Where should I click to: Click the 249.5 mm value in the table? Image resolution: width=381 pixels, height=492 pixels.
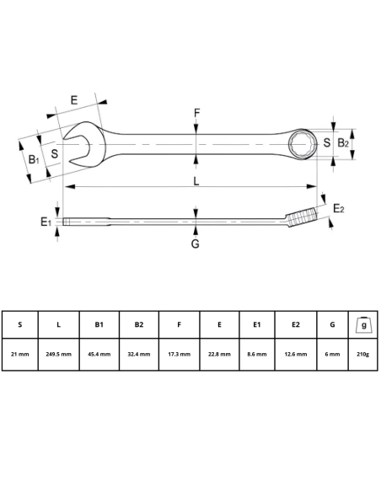(x=58, y=354)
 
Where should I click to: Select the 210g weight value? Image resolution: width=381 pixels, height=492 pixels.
(x=363, y=354)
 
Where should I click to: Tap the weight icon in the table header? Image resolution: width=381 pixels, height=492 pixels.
(x=363, y=324)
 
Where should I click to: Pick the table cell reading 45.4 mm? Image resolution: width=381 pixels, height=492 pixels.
(x=98, y=354)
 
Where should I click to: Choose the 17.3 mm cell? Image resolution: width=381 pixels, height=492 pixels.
(x=180, y=354)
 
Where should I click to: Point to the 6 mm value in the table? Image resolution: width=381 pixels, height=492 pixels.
(x=332, y=354)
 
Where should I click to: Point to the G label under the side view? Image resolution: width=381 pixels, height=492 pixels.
(x=195, y=243)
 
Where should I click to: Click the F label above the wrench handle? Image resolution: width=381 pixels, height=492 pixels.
(x=196, y=113)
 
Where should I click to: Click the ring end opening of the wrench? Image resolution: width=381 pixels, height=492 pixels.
(x=301, y=142)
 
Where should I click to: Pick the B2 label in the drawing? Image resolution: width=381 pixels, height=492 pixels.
(x=343, y=143)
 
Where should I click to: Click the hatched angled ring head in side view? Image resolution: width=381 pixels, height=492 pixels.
(x=302, y=218)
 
